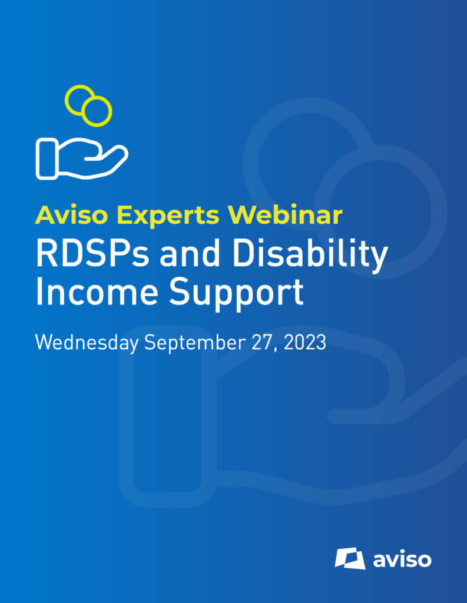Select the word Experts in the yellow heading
[168, 216]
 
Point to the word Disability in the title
[310, 256]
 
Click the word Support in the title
[236, 294]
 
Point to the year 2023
[305, 343]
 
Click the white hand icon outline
[82, 158]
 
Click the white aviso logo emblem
[350, 558]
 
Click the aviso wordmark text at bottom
[402, 559]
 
